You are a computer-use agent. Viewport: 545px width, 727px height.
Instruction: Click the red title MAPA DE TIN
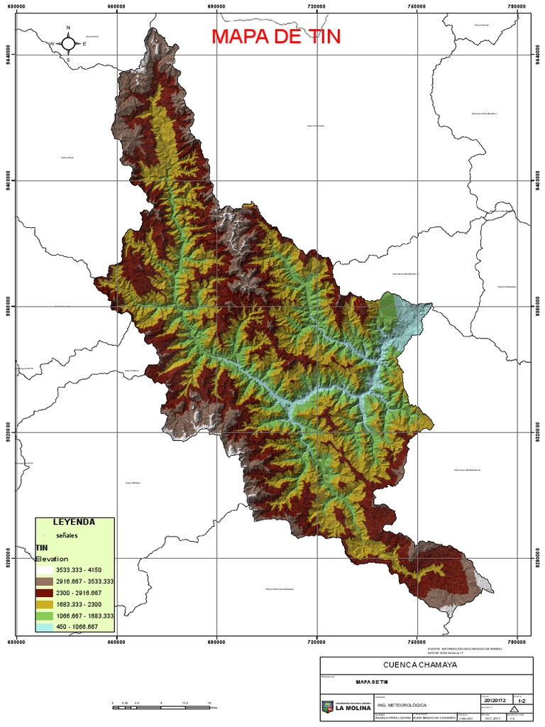[x=276, y=36]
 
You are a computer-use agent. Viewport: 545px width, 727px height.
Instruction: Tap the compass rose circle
[x=69, y=43]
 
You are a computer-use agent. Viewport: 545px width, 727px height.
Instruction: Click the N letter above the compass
[x=69, y=28]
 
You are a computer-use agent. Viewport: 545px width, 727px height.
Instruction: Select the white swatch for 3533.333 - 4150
[x=44, y=570]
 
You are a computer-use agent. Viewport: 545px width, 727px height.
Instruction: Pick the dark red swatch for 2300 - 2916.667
[x=44, y=592]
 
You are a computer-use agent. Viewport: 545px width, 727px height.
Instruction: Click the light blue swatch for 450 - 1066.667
[x=44, y=626]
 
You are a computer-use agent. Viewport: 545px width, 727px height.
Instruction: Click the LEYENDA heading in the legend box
[x=75, y=523]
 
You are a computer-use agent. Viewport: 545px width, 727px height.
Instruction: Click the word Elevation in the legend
[x=52, y=559]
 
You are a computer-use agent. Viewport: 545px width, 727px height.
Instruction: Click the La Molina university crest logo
[x=327, y=706]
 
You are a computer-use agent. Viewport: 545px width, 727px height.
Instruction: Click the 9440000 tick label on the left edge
[x=8, y=55]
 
